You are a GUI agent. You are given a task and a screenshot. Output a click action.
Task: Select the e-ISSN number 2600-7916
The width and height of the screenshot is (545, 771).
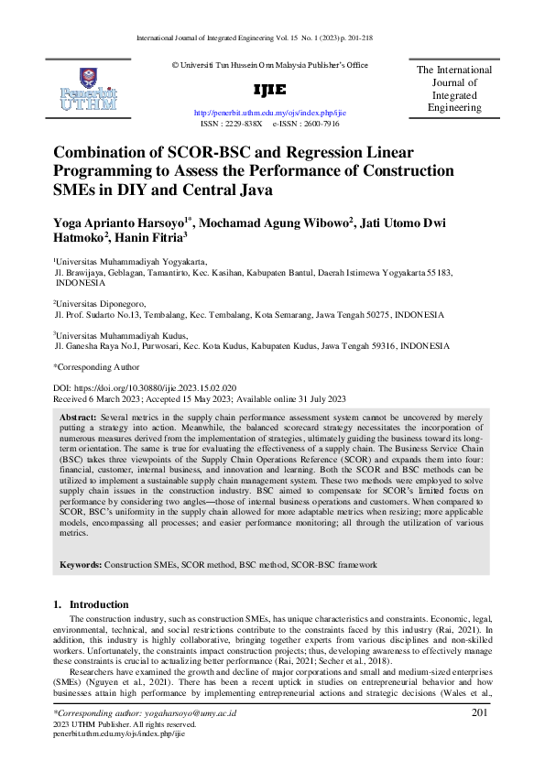[x=321, y=122]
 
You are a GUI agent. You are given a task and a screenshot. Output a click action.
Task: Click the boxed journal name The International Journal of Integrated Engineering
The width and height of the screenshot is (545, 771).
[x=454, y=89]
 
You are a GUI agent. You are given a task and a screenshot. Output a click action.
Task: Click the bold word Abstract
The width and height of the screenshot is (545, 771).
[x=78, y=416]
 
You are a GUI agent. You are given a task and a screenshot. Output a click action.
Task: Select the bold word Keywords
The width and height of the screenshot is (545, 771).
[x=81, y=565]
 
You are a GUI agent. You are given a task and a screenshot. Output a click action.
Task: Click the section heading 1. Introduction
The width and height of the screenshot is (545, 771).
[x=91, y=604]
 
